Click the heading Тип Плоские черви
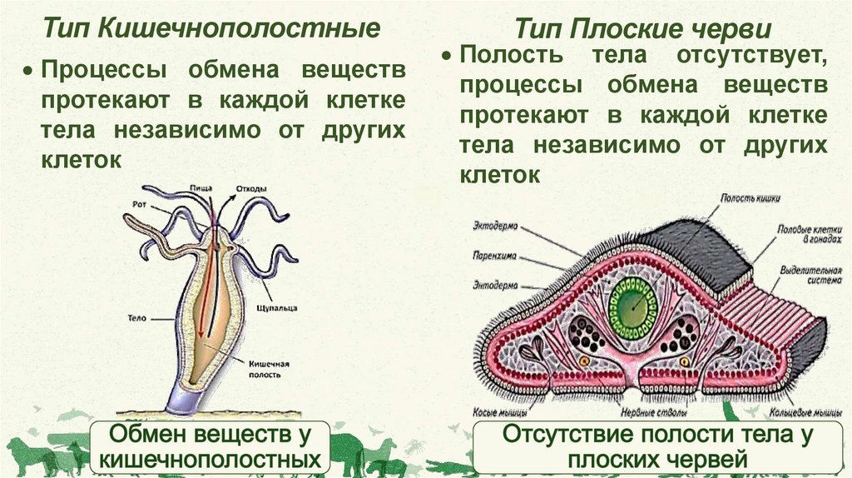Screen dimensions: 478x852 click(x=642, y=31)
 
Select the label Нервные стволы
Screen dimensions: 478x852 click(x=653, y=412)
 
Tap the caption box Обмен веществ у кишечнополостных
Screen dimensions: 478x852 click(x=211, y=446)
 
